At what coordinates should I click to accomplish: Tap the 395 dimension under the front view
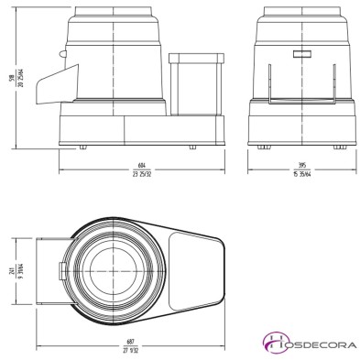(300, 167)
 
